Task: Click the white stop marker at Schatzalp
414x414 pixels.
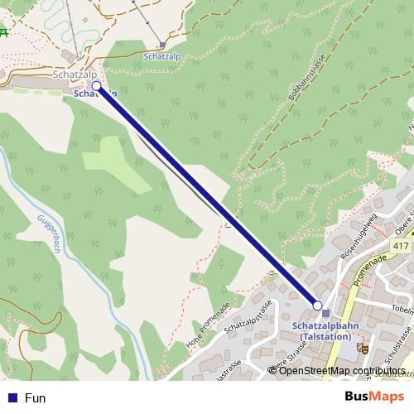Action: pyautogui.click(x=96, y=85)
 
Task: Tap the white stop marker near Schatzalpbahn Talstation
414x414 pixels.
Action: pyautogui.click(x=317, y=306)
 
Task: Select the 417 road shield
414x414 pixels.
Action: pyautogui.click(x=402, y=247)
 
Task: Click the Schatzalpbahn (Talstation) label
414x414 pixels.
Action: pyautogui.click(x=325, y=331)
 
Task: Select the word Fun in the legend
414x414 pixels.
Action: pyautogui.click(x=35, y=397)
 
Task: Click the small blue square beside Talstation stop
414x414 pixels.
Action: pyautogui.click(x=326, y=313)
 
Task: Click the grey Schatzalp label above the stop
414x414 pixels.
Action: pyautogui.click(x=70, y=75)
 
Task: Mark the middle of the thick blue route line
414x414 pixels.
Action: pyautogui.click(x=207, y=195)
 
